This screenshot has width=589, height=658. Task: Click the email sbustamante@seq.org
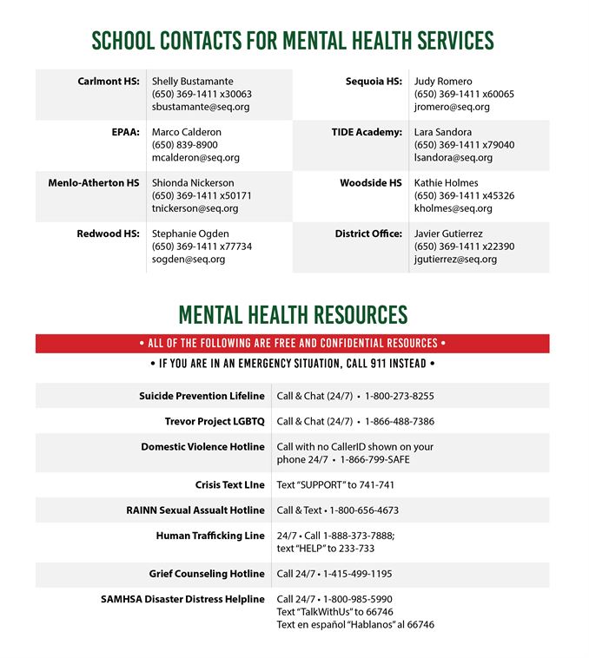point(201,107)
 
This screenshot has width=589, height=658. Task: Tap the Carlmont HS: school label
point(108,82)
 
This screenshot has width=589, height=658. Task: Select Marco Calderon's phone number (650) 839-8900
point(184,145)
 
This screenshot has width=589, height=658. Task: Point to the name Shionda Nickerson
point(193,183)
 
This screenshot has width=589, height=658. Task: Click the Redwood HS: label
point(108,234)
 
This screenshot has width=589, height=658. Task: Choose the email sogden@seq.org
point(189,259)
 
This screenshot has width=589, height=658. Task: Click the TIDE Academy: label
point(367,132)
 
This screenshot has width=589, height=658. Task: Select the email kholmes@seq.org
point(453,208)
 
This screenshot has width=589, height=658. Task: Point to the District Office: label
point(368,234)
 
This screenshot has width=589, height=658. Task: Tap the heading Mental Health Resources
point(293,314)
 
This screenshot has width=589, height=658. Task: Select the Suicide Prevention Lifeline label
point(202,396)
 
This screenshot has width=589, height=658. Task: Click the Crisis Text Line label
point(229,484)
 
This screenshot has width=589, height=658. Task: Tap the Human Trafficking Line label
point(210,536)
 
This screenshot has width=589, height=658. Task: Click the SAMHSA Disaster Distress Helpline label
point(182,599)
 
